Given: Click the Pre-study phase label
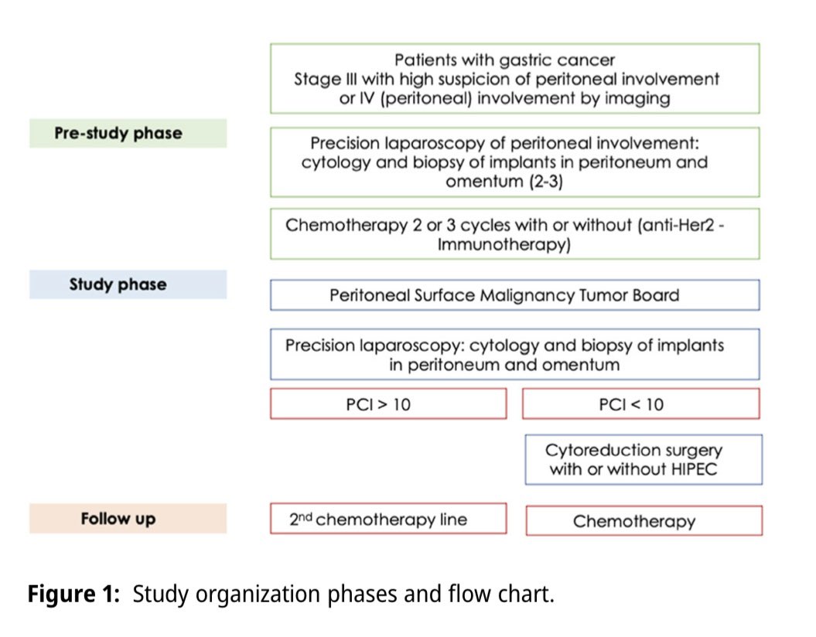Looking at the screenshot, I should pyautogui.click(x=118, y=133).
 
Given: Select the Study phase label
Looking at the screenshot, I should pyautogui.click(x=118, y=284).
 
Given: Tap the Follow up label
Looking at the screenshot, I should pyautogui.click(x=118, y=519).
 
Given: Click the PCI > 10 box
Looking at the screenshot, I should pyautogui.click(x=388, y=404).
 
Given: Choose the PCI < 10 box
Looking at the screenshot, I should pyautogui.click(x=641, y=404).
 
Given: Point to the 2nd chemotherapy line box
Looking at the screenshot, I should pyautogui.click(x=388, y=519).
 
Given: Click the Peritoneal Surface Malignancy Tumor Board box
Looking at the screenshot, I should pyautogui.click(x=514, y=295).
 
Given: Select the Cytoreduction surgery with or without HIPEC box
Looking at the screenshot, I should pyautogui.click(x=644, y=459).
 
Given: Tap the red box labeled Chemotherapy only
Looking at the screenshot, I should pyautogui.click(x=644, y=521).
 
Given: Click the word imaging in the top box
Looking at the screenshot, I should pyautogui.click(x=640, y=98).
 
